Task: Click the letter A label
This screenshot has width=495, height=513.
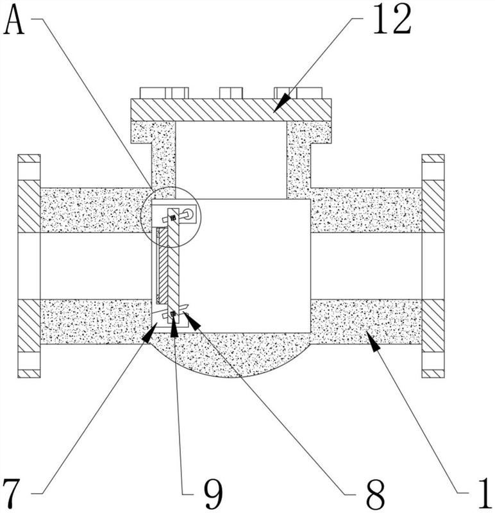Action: click(x=14, y=20)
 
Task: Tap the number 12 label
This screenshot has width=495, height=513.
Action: click(x=392, y=19)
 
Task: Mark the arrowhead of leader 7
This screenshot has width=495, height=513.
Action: click(x=150, y=332)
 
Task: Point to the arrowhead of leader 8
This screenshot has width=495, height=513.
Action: click(x=192, y=320)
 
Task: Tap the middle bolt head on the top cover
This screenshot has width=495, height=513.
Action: click(x=231, y=93)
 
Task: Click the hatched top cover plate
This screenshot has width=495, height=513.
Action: click(x=231, y=110)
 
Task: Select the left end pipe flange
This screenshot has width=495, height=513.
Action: click(x=29, y=266)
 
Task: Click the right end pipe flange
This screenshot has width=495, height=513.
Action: click(x=433, y=266)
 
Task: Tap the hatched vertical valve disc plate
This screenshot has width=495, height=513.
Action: click(x=173, y=265)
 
